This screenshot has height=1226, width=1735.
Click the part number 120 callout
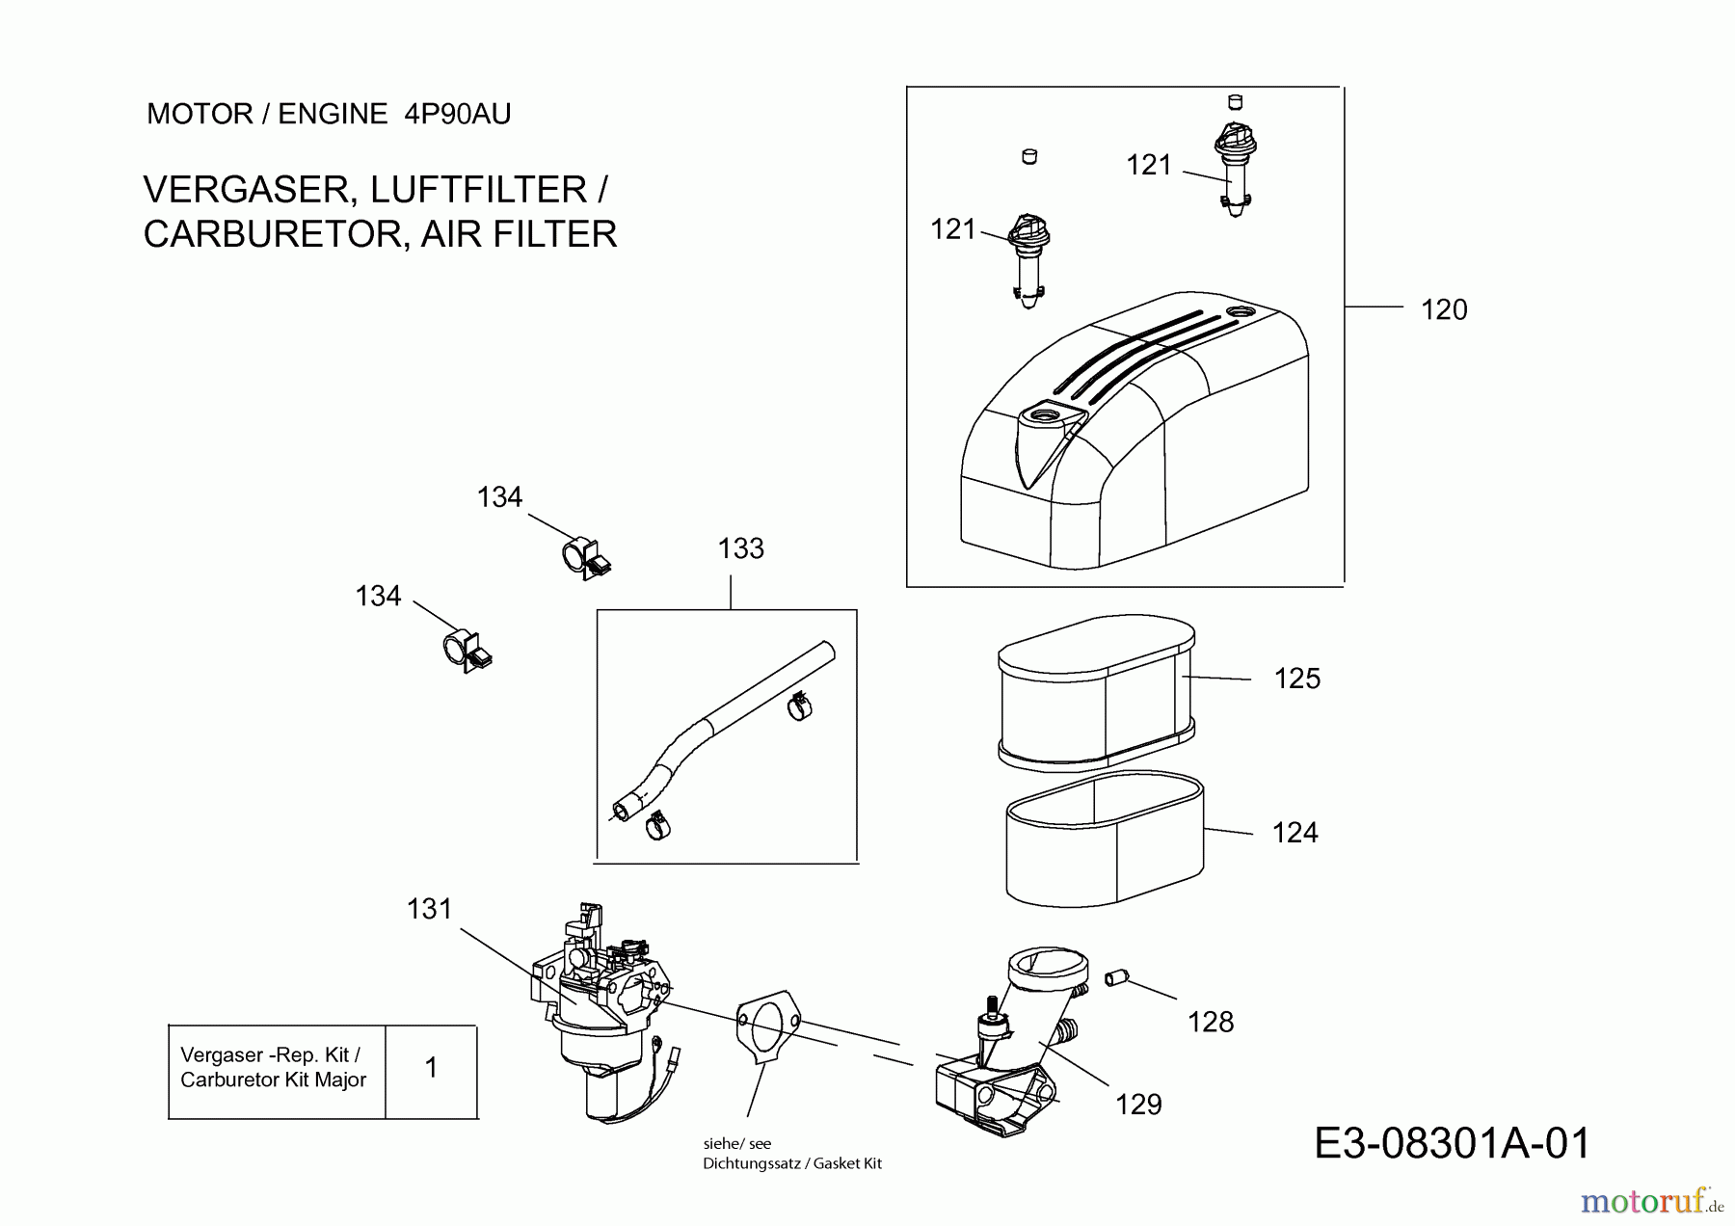pos(1443,309)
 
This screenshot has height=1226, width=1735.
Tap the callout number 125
pos(1296,679)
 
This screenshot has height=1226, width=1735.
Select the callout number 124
pos(1295,832)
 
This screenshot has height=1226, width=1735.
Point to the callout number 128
pos(1210,1022)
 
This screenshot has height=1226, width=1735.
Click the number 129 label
pos(1138,1105)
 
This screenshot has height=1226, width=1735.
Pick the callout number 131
pos(429,909)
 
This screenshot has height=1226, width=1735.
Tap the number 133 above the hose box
pos(740,548)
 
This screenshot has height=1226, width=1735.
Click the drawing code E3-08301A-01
pos(1452,1144)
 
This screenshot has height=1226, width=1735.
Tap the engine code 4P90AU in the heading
pos(458,115)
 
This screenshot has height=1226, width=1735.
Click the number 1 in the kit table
pos(431,1068)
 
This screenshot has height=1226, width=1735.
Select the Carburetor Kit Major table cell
pos(274,1068)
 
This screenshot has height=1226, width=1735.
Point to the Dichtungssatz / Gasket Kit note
pos(792,1163)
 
